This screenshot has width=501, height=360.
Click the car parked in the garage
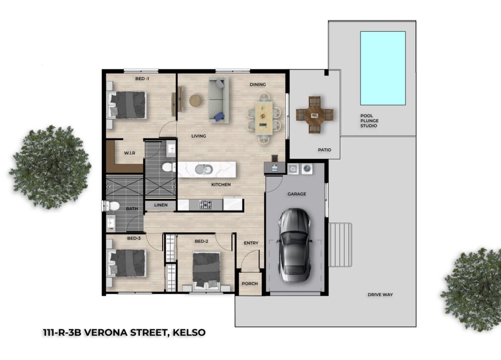(x=294, y=245)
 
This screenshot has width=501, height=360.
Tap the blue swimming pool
(x=383, y=68)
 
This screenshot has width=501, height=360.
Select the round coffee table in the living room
(x=195, y=100)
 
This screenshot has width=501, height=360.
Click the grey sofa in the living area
(x=219, y=100)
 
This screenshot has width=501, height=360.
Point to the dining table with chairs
(x=264, y=117)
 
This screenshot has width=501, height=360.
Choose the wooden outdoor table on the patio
(x=315, y=115)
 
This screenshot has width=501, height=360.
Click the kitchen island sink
(x=204, y=169)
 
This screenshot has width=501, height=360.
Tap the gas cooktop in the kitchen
(x=205, y=204)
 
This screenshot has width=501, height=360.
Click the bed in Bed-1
(x=128, y=105)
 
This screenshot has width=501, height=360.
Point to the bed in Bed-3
(x=128, y=263)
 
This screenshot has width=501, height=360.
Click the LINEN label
(x=160, y=205)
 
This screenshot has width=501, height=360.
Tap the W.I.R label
(x=130, y=153)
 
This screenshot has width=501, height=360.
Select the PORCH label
(x=250, y=283)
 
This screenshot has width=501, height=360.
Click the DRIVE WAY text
(x=380, y=294)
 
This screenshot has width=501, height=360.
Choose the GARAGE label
(x=297, y=194)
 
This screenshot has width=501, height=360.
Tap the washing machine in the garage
(x=307, y=169)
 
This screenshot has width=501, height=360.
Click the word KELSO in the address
(x=189, y=333)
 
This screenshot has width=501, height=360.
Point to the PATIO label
(x=325, y=150)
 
